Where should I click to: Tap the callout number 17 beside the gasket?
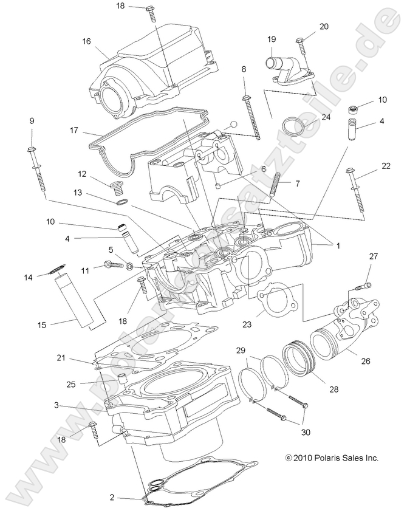(x=74, y=129)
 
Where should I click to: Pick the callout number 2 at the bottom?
(x=112, y=497)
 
